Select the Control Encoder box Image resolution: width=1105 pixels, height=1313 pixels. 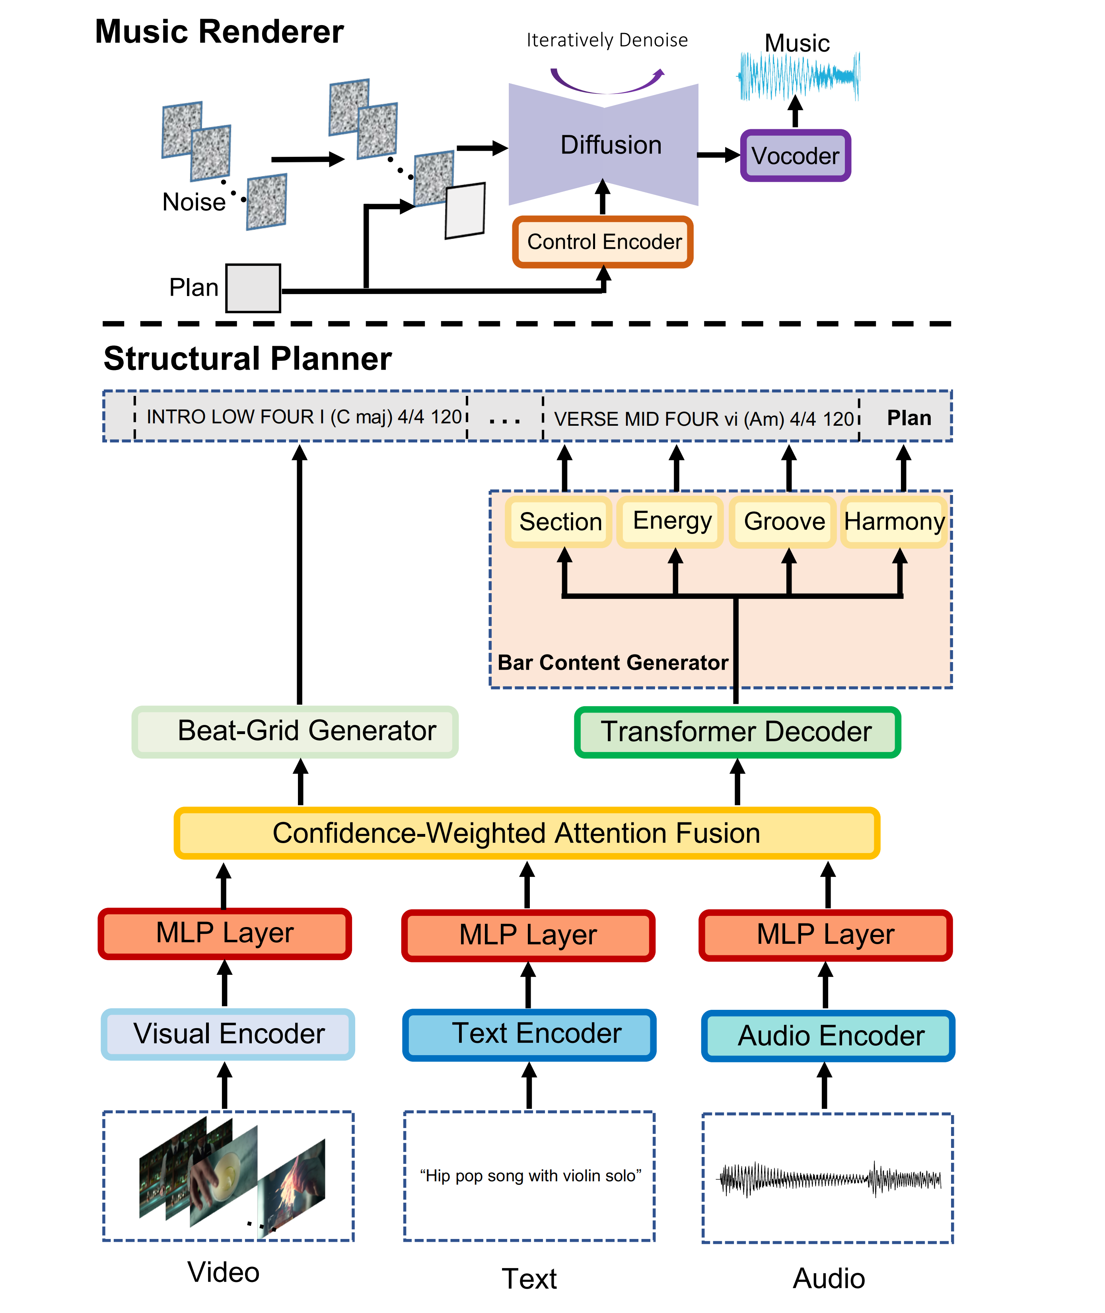(603, 242)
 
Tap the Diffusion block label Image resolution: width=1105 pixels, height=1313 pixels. (611, 145)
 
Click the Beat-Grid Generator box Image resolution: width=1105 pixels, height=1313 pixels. (295, 731)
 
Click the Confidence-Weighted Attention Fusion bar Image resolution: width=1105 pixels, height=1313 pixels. (527, 833)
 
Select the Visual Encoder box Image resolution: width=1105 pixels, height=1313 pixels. (228, 1034)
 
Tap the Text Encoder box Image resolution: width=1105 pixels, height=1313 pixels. (529, 1034)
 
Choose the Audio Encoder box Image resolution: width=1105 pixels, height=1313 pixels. (828, 1036)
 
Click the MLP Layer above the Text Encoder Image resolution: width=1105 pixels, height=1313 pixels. (528, 935)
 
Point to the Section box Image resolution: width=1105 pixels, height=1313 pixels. (559, 522)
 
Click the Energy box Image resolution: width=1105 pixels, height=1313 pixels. (671, 521)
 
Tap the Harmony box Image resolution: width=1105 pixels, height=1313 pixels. (893, 521)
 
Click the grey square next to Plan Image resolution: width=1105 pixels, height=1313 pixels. (253, 288)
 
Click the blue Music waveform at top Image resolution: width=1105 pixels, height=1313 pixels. (799, 76)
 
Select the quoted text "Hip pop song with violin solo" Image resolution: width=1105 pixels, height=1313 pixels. (530, 1176)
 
